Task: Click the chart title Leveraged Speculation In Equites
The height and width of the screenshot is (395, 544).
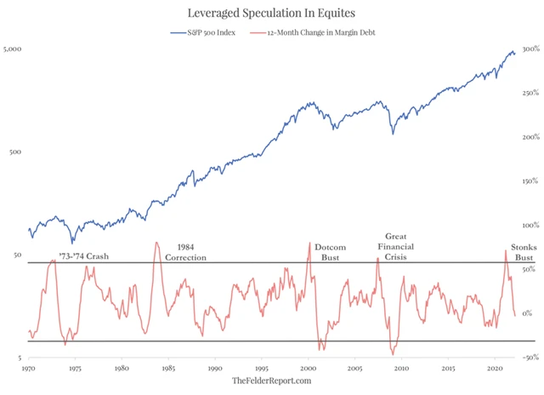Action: pyautogui.click(x=271, y=14)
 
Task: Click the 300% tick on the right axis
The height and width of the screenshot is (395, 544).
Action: pyautogui.click(x=529, y=49)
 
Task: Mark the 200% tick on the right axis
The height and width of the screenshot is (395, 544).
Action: pyautogui.click(x=529, y=137)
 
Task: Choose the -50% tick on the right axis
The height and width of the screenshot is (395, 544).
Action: pyautogui.click(x=529, y=358)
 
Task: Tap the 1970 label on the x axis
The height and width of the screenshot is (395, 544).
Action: pyautogui.click(x=29, y=369)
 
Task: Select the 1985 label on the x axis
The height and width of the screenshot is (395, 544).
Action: pyautogui.click(x=168, y=369)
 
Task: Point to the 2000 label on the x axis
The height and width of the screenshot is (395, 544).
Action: pyautogui.click(x=308, y=369)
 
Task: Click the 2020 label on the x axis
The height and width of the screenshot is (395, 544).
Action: pyautogui.click(x=494, y=369)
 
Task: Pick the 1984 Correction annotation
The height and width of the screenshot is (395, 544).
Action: pyautogui.click(x=185, y=252)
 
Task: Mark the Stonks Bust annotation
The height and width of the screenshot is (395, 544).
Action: pyautogui.click(x=522, y=252)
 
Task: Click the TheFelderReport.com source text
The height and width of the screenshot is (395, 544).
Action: pyautogui.click(x=271, y=382)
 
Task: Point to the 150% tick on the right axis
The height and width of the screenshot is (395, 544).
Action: pyautogui.click(x=529, y=181)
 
